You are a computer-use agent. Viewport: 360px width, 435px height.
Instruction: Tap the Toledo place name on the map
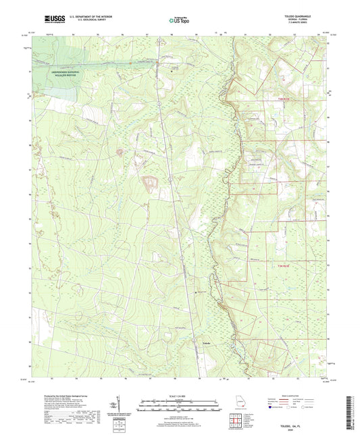point(207,344)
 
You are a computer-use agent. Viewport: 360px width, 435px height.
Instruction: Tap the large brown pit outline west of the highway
point(148,182)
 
